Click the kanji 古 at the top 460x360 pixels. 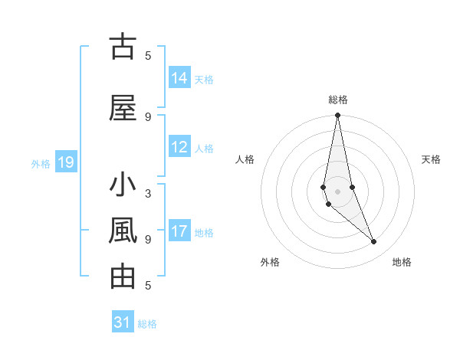(123, 47)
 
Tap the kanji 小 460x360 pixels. (123, 187)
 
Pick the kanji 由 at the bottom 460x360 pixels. (123, 277)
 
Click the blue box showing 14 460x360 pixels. (179, 78)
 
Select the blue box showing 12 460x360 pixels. (179, 147)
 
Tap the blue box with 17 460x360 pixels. (179, 231)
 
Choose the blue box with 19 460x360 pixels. (65, 162)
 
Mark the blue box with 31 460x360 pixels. (123, 322)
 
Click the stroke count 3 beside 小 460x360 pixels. (148, 193)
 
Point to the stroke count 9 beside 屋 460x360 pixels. (148, 116)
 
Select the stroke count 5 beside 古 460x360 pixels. (148, 55)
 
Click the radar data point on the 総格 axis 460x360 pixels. (337, 116)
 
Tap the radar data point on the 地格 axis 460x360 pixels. (373, 242)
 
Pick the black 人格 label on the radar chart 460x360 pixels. (245, 159)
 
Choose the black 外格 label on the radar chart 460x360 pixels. (270, 262)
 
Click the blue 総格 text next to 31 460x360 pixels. (147, 324)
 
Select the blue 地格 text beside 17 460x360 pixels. (204, 233)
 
